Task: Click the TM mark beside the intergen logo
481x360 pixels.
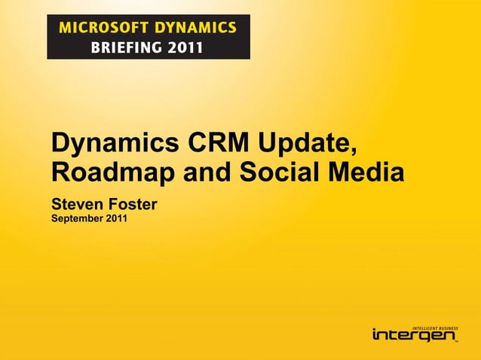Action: coord(456,341)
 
